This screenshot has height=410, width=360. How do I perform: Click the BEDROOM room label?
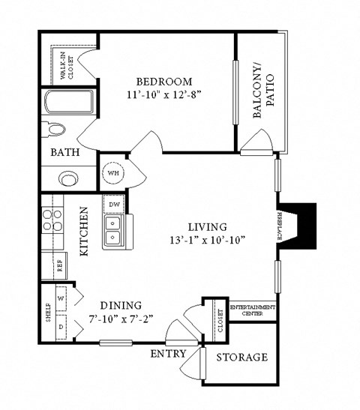click(163, 82)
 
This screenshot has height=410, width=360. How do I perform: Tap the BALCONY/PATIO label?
click(263, 97)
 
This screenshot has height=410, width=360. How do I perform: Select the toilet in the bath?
click(53, 129)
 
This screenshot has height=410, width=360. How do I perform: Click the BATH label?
click(65, 152)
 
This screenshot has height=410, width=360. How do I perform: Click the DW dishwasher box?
click(115, 204)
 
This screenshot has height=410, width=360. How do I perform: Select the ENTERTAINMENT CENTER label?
click(252, 311)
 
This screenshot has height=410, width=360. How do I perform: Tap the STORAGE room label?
click(241, 357)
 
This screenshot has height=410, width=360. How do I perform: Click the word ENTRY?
click(168, 353)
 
